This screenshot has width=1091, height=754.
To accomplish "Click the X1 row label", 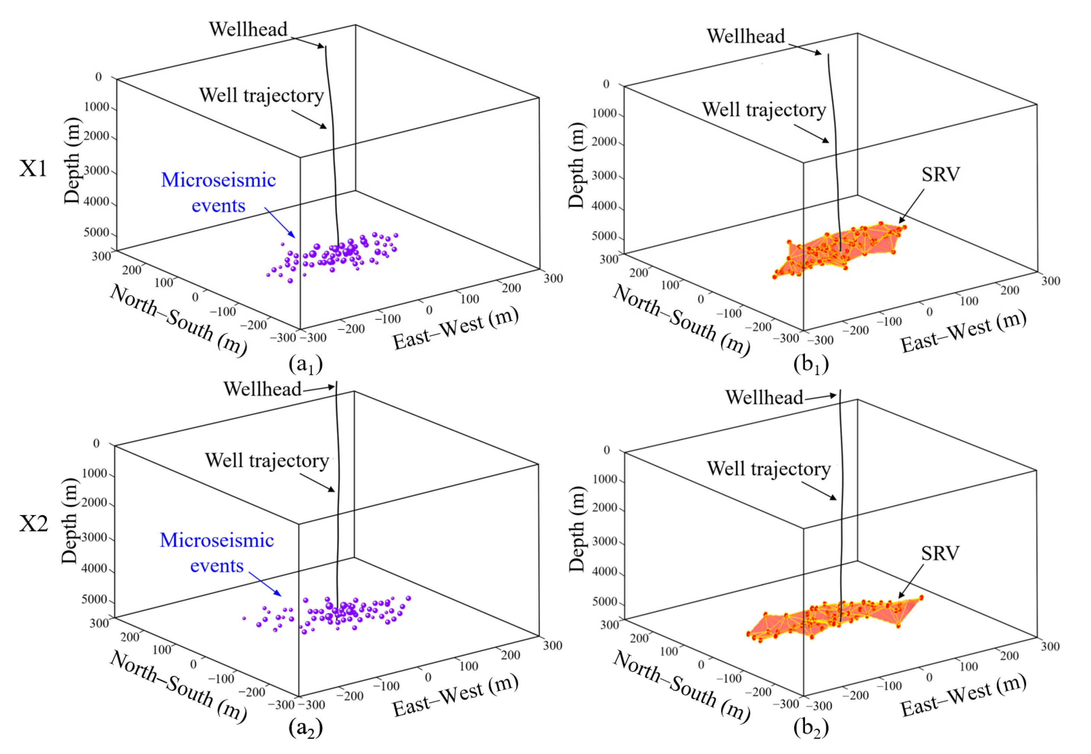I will pos(33,168).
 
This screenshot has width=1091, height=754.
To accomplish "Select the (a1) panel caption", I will pos(305,364).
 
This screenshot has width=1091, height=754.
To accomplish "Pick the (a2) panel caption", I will pos(305,728).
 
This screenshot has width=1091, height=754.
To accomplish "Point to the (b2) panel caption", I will pos(811,728).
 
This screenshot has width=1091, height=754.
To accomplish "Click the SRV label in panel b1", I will pos(940,175).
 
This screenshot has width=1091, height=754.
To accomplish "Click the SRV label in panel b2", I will pos(940,553).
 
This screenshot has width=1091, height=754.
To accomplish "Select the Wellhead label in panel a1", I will pos(248,29).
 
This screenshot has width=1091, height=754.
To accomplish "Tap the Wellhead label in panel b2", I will pos(764,397).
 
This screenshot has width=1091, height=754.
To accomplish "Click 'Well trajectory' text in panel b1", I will pos(764,110).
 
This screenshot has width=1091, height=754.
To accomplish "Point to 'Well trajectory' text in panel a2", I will pos(266,460).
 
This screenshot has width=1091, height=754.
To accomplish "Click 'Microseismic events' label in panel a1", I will pos(218,193).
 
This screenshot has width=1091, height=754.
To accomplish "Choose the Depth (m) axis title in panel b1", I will pos(576,166).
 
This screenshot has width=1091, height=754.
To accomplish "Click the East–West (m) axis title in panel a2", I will pos(455,695).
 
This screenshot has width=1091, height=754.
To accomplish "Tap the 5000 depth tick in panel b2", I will pos(604,602).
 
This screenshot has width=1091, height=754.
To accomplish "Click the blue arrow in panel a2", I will pos(265,584).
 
